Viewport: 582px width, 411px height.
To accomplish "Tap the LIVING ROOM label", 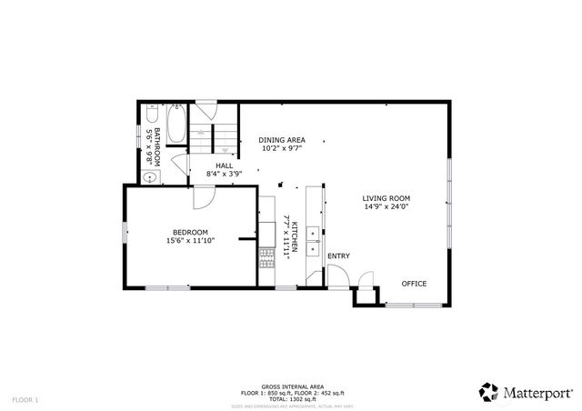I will (386, 198).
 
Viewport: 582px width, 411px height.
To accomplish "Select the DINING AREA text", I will (281, 139).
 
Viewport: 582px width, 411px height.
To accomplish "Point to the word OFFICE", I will (415, 284).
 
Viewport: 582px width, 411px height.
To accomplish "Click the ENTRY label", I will (338, 256).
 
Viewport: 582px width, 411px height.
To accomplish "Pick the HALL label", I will (224, 165).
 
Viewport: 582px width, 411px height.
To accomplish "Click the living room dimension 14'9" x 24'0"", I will (386, 207).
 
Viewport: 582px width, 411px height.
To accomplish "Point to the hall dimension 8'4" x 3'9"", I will (224, 174).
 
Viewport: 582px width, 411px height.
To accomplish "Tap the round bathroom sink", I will (147, 176).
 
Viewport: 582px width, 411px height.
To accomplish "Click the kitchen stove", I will (266, 258).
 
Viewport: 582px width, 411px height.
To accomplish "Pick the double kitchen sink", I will (313, 239).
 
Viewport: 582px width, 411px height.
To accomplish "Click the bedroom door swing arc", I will (203, 195).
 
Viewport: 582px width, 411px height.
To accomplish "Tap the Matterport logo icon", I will (488, 392).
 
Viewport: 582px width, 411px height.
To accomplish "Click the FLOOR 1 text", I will (25, 399).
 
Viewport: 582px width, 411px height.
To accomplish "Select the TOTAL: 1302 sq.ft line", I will (291, 397).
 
